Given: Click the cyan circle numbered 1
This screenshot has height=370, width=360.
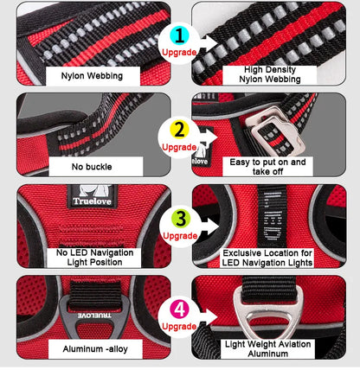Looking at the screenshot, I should click(179, 35).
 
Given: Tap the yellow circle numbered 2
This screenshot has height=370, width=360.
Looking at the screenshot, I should click(179, 130).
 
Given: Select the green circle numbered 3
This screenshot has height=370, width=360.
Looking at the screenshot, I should click(179, 219).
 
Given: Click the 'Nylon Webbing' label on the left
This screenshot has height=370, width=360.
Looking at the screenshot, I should click(91, 75).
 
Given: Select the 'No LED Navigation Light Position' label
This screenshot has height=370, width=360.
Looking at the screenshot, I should click(95, 257).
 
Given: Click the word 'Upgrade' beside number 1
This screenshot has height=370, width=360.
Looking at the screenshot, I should click(179, 53).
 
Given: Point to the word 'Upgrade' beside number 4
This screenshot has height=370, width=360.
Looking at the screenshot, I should click(179, 327).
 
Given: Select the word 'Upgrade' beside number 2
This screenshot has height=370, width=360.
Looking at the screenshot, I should click(179, 147).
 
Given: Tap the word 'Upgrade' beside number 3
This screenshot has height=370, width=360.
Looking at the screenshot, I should click(179, 236).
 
